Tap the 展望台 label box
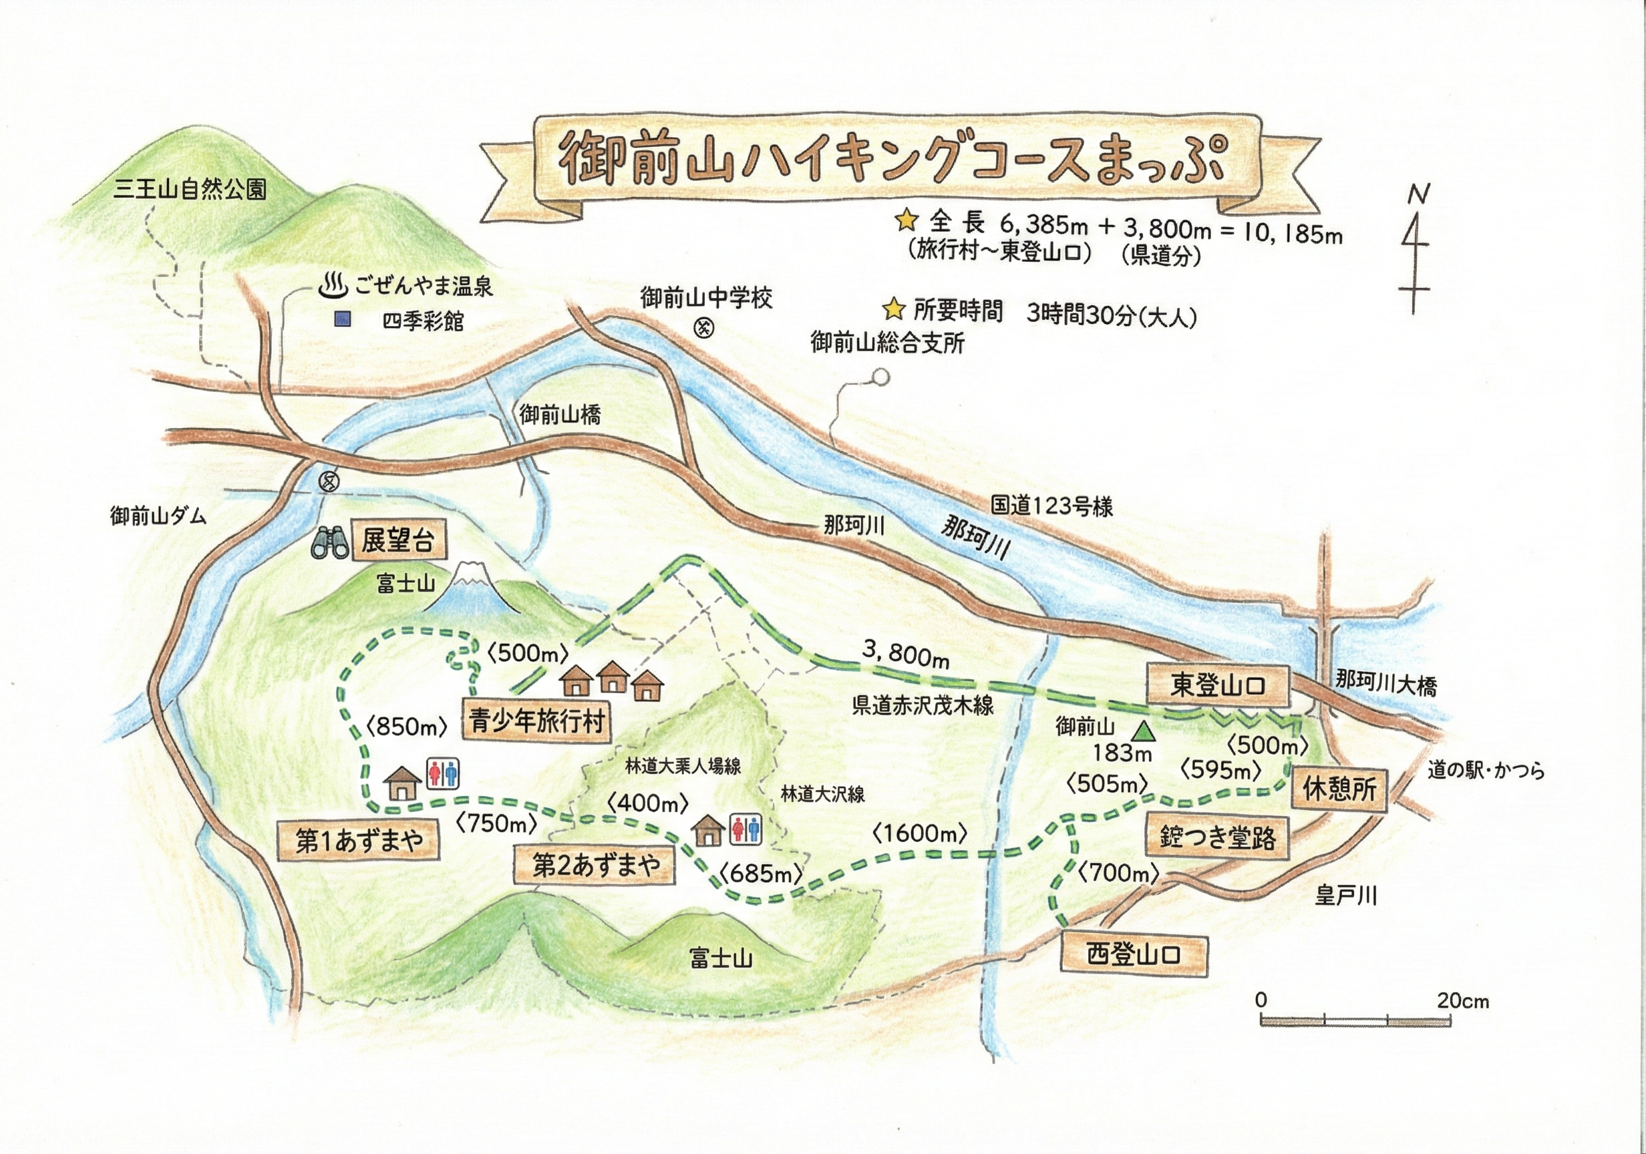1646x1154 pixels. (398, 540)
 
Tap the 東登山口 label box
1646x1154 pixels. (1218, 685)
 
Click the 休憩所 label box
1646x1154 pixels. (1339, 789)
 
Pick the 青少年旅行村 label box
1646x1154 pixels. (537, 721)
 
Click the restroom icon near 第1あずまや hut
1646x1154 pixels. (442, 774)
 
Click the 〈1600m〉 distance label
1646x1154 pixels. (921, 833)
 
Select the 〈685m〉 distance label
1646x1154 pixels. (761, 873)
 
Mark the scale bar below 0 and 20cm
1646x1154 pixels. (1355, 1020)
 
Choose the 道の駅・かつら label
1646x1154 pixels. (1485, 771)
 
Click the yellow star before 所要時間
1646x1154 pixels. (893, 311)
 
